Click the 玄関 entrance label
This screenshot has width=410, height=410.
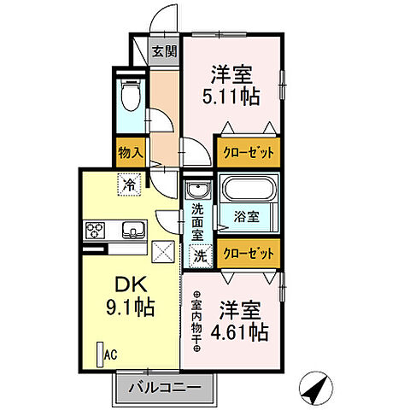[x=164, y=50]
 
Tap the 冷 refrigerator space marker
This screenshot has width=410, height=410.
[x=128, y=184]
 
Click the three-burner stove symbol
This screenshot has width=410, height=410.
[x=94, y=230]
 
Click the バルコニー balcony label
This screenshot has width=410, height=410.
[x=164, y=389]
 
